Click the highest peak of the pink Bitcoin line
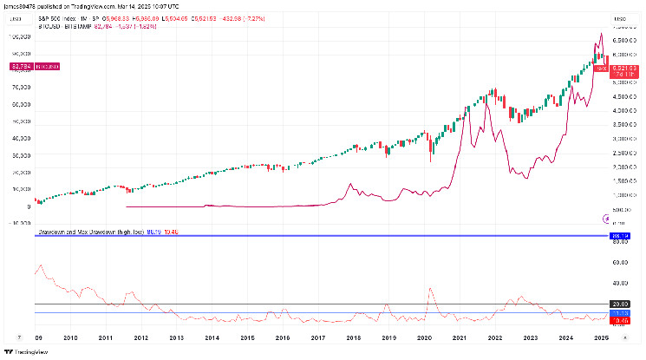pos(602,35)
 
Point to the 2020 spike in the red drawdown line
pos(429,289)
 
